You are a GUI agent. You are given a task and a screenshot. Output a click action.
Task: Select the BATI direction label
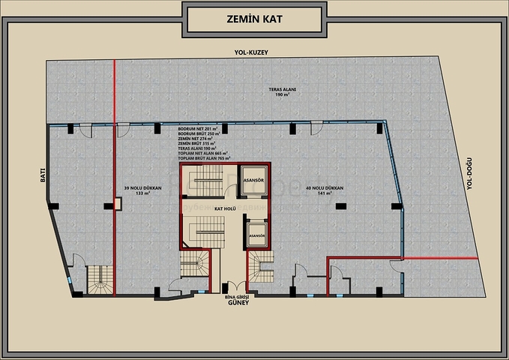44,175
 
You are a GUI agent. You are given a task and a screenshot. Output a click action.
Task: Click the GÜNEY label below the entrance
238,305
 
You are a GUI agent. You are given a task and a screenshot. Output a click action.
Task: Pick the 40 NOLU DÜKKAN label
324,187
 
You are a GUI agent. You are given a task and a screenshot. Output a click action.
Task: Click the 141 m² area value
324,193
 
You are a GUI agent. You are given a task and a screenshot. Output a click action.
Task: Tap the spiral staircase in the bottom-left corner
98,281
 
